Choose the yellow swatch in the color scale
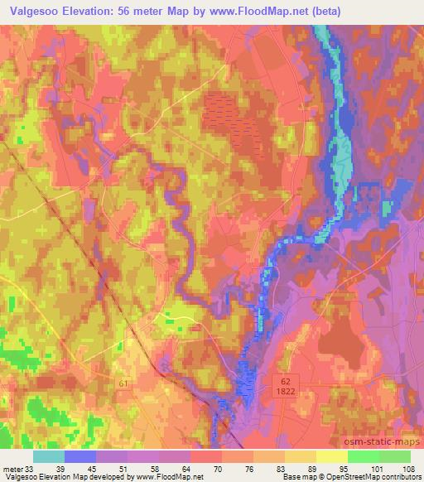pos(330,455)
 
